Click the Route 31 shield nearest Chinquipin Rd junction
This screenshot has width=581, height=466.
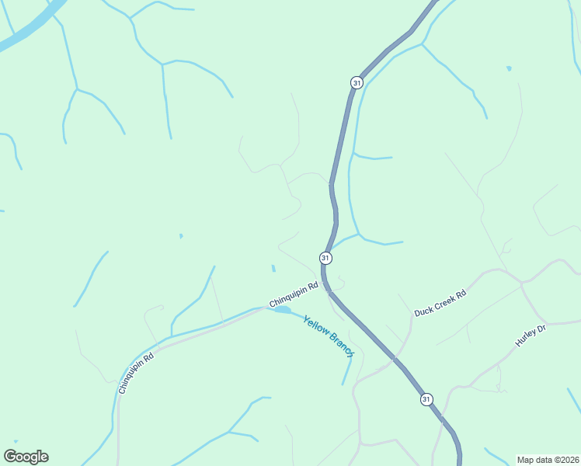point(325,258)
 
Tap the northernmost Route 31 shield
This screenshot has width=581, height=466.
point(357,82)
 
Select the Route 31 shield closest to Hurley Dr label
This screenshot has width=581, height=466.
point(426,399)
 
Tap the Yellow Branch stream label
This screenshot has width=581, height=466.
point(329,336)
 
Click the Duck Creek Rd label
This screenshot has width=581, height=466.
point(440,304)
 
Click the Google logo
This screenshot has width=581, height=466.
point(26,457)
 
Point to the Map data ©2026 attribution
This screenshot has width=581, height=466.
point(548,459)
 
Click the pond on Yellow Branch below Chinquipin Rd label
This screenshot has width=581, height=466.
point(282,310)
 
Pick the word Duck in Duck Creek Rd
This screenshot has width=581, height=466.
point(423,311)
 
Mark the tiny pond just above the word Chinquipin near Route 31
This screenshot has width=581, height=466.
point(273,269)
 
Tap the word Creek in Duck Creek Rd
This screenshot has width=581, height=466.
point(444,302)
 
